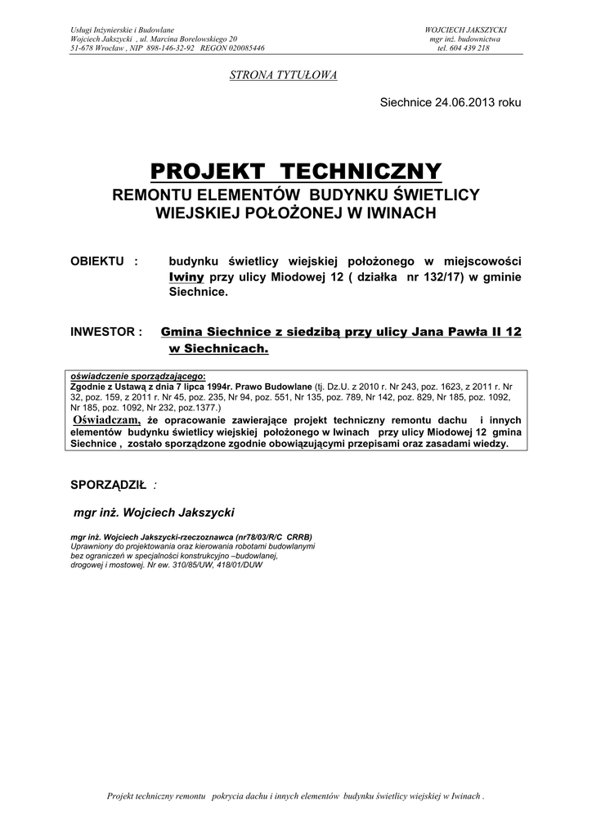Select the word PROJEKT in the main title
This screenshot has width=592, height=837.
pos(208,172)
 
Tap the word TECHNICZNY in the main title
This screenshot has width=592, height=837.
pos(361,172)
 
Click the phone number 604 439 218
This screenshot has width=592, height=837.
pos(470,48)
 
